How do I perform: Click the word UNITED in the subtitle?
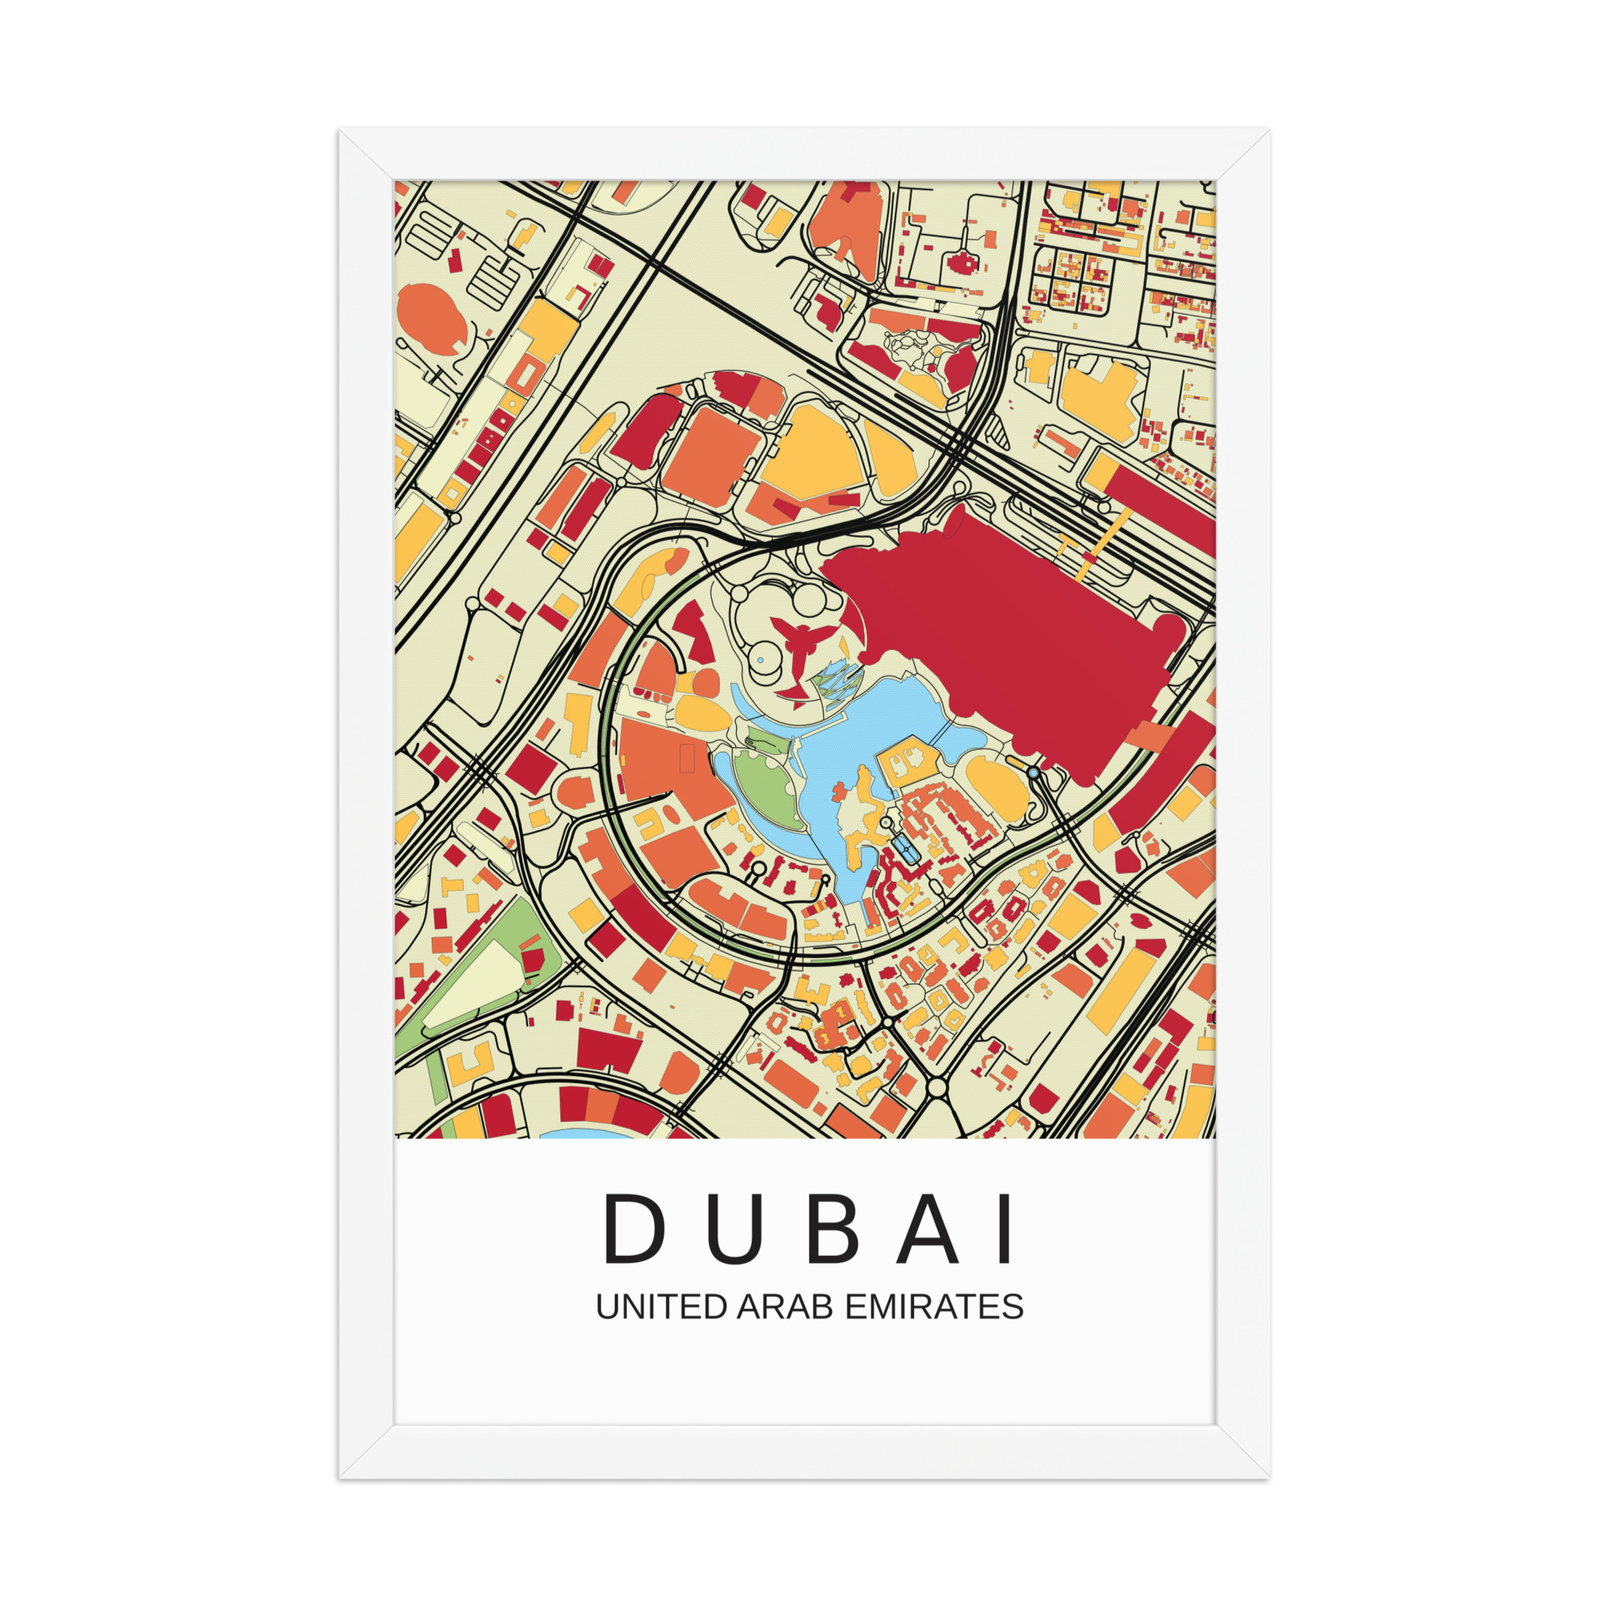pyautogui.click(x=661, y=1306)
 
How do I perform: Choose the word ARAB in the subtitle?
pyautogui.click(x=785, y=1306)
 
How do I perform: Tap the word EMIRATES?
pyautogui.click(x=934, y=1306)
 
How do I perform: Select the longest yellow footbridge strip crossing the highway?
pyautogui.click(x=1103, y=544)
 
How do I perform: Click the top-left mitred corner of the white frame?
pyautogui.click(x=365, y=155)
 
